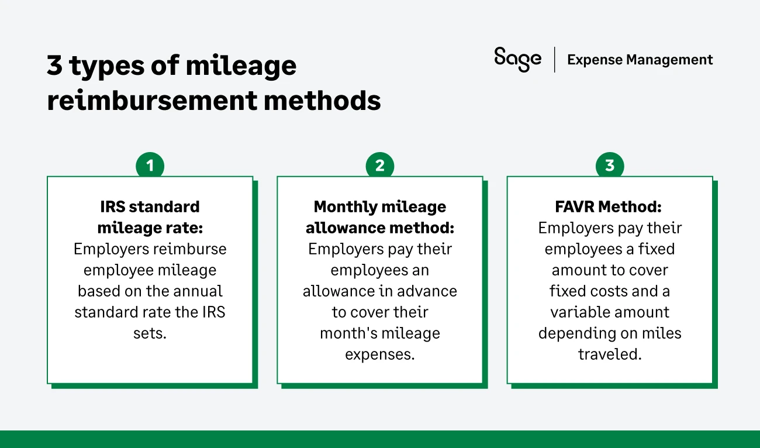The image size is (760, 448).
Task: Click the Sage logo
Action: pyautogui.click(x=517, y=60)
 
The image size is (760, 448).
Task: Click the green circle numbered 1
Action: pyautogui.click(x=150, y=166)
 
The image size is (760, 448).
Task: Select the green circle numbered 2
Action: pyautogui.click(x=379, y=166)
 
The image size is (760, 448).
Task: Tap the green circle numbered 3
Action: pyautogui.click(x=609, y=166)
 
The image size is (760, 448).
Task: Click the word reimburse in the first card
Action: pyautogui.click(x=190, y=249)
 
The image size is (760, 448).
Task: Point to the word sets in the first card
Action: pyautogui.click(x=150, y=333)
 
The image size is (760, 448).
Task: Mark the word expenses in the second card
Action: pyautogui.click(x=379, y=354)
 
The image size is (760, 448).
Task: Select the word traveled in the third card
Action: pyautogui.click(x=609, y=354)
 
